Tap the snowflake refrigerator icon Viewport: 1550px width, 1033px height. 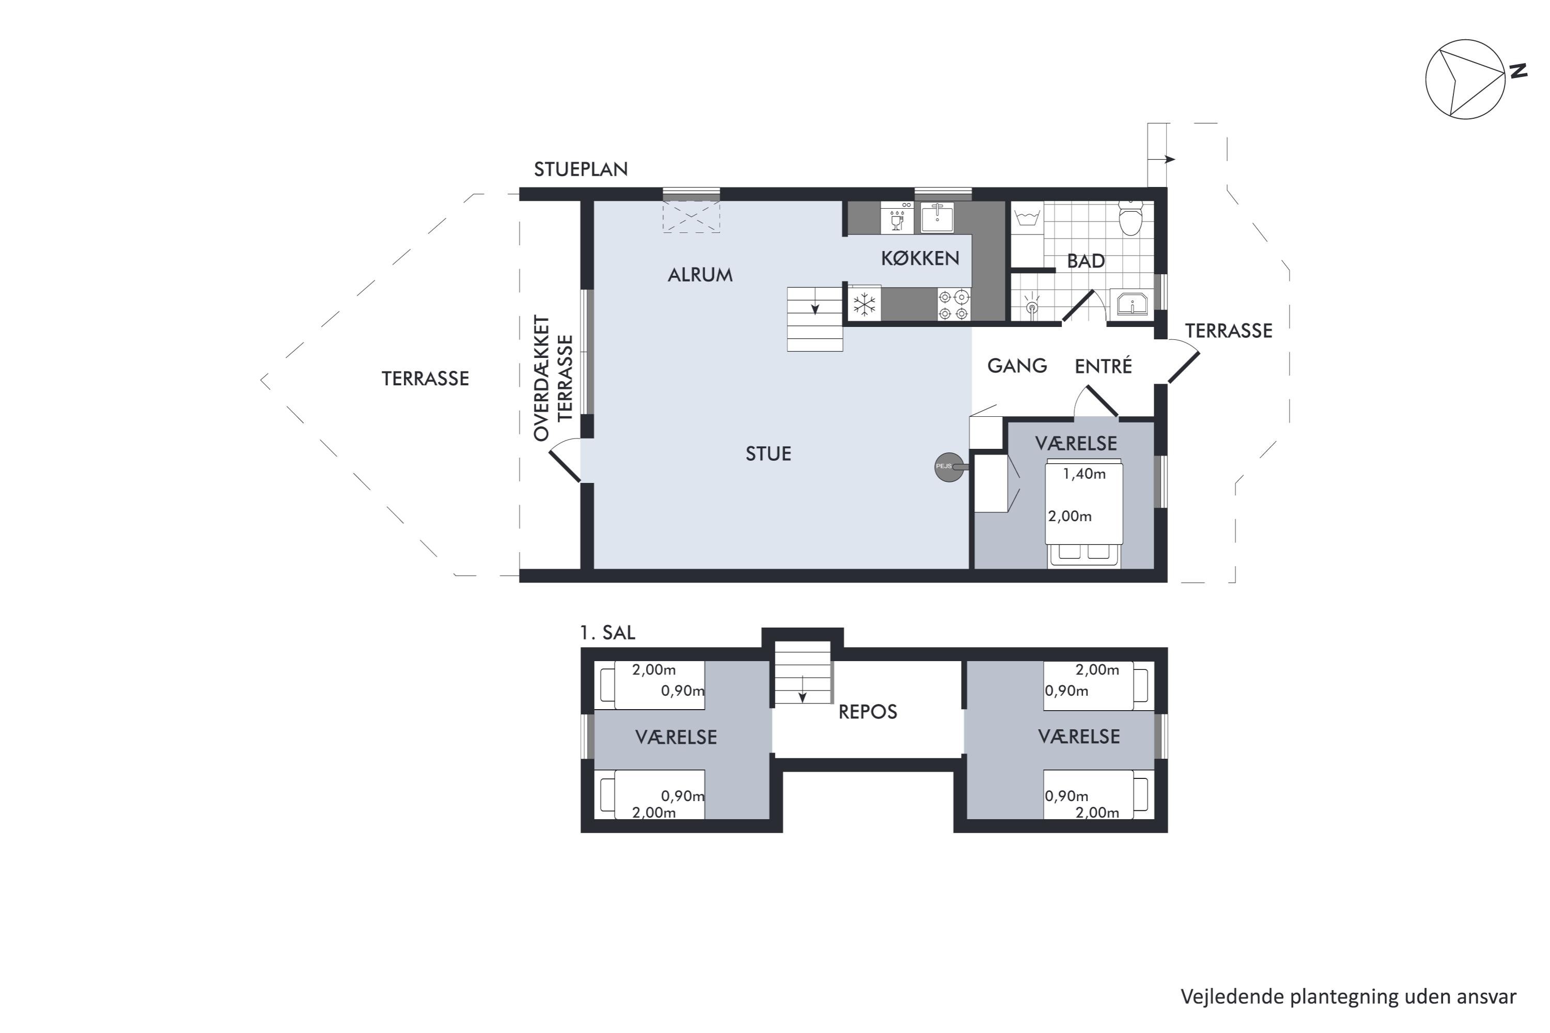(x=864, y=304)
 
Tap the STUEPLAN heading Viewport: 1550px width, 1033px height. (x=581, y=169)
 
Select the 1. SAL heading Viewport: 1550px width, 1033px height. (x=608, y=632)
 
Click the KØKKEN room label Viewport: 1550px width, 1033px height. (x=920, y=258)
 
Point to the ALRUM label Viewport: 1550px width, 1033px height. (x=700, y=275)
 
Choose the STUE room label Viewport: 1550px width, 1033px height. (x=768, y=453)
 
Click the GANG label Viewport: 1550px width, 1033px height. (x=1017, y=366)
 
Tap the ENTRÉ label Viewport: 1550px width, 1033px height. (x=1103, y=365)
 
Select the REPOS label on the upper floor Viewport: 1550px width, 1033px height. (x=867, y=712)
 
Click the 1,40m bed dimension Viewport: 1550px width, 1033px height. (x=1084, y=474)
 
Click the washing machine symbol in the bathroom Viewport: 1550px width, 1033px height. (x=1028, y=217)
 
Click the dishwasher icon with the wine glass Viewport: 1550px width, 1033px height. (x=897, y=218)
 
